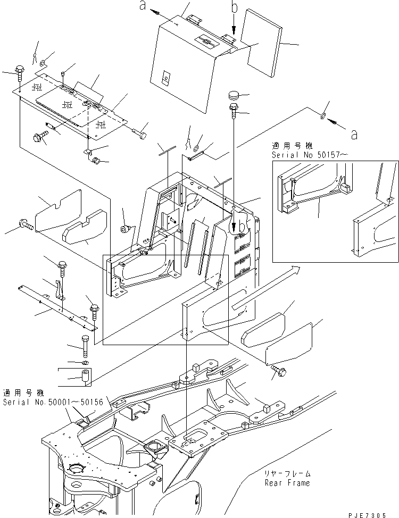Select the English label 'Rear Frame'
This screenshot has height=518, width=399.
[287, 483]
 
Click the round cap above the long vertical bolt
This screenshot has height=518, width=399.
[235, 97]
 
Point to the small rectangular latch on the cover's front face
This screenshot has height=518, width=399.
[165, 78]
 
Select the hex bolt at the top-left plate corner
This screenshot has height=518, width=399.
[20, 70]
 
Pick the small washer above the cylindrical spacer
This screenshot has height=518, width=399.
[85, 363]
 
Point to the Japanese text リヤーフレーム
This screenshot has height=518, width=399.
[287, 474]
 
